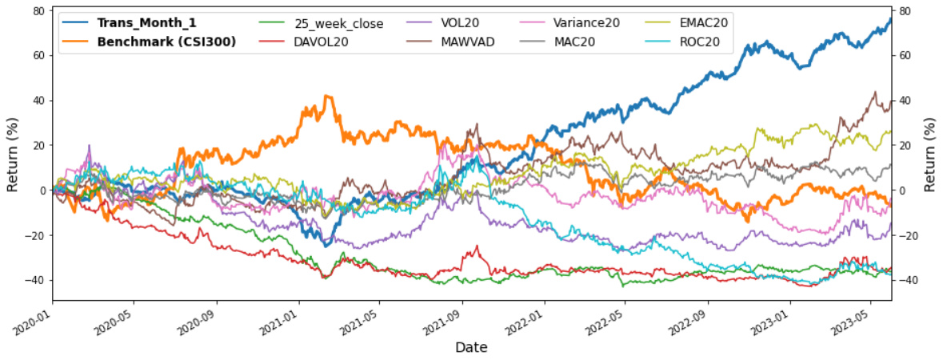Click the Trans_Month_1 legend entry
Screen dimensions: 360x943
146,23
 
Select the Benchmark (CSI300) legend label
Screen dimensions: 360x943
166,42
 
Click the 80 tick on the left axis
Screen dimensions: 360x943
37,11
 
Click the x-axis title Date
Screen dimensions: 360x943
471,347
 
